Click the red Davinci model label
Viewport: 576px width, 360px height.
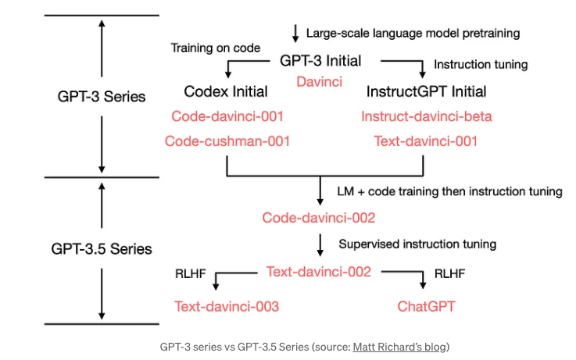[x=319, y=81]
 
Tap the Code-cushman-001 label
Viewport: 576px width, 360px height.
[x=227, y=141]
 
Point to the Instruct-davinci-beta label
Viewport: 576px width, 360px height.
[x=426, y=117]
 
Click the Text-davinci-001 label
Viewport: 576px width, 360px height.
[x=426, y=141]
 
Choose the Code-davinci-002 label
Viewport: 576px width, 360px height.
[x=319, y=218]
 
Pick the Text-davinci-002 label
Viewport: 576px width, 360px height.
[x=319, y=272]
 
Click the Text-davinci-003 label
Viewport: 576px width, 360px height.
[x=227, y=306]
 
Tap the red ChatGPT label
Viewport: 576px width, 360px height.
[x=426, y=306]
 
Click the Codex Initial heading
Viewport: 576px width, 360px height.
[x=227, y=91]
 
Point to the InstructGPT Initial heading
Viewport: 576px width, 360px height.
[x=426, y=91]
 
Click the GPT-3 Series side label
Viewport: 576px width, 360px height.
[x=102, y=97]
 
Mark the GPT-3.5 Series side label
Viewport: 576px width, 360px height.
[x=102, y=250]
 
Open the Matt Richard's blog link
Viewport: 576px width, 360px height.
[x=400, y=347]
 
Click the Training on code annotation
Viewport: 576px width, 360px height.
[x=216, y=48]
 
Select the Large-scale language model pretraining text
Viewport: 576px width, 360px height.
[x=413, y=34]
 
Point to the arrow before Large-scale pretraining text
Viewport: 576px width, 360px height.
[x=295, y=33]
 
